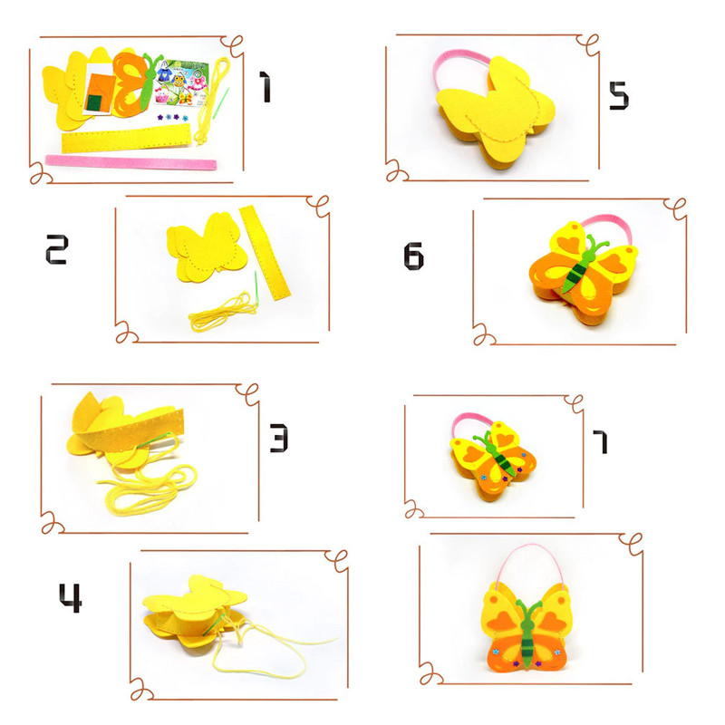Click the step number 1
265,86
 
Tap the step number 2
57,249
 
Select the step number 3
279,438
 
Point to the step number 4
71,598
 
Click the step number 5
619,96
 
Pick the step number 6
413,256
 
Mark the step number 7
600,441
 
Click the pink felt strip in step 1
130,163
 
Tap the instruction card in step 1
181,82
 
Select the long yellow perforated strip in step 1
126,139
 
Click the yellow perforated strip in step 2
265,253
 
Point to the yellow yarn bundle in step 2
222,311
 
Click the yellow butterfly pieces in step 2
207,246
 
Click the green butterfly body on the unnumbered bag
527,633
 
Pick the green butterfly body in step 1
150,79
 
